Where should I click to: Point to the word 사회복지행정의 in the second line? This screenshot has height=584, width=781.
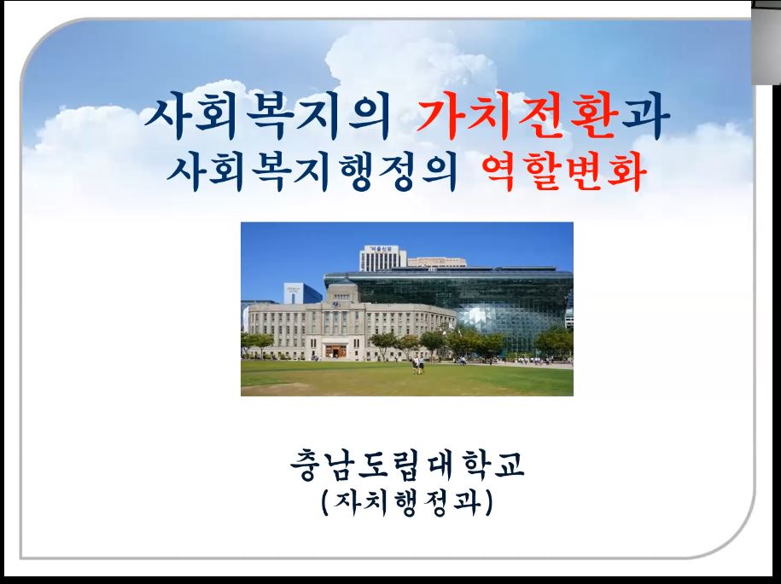(312, 173)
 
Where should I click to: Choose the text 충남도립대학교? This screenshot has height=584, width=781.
(407, 464)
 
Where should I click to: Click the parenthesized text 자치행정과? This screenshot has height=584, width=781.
(407, 503)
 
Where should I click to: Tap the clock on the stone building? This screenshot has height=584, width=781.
(336, 304)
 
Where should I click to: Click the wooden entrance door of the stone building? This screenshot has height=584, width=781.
(335, 351)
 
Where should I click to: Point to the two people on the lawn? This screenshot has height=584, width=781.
(418, 365)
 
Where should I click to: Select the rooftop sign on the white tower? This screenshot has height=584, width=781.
(381, 249)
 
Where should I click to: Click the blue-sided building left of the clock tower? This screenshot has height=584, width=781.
(302, 293)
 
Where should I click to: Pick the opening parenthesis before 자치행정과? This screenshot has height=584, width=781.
(326, 503)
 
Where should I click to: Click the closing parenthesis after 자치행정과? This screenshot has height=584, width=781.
(488, 503)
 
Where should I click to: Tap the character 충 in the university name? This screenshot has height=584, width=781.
(306, 465)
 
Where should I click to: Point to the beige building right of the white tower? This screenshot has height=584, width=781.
(437, 262)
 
